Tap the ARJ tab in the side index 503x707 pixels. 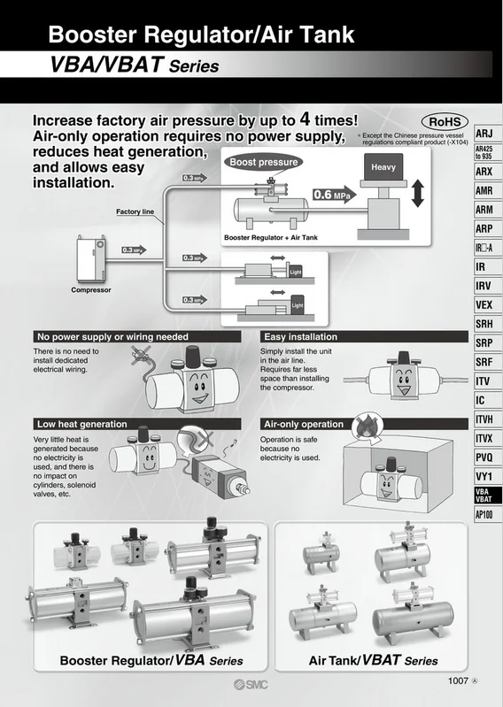pos(484,133)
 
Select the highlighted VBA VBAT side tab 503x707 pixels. pos(484,495)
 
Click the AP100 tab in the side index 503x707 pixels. pos(484,514)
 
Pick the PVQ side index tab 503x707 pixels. pos(484,457)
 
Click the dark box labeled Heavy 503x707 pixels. pos(383,167)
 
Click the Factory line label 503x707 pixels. pos(135,212)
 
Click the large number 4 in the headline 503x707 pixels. pos(306,119)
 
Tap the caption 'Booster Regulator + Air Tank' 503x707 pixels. pos(270,238)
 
